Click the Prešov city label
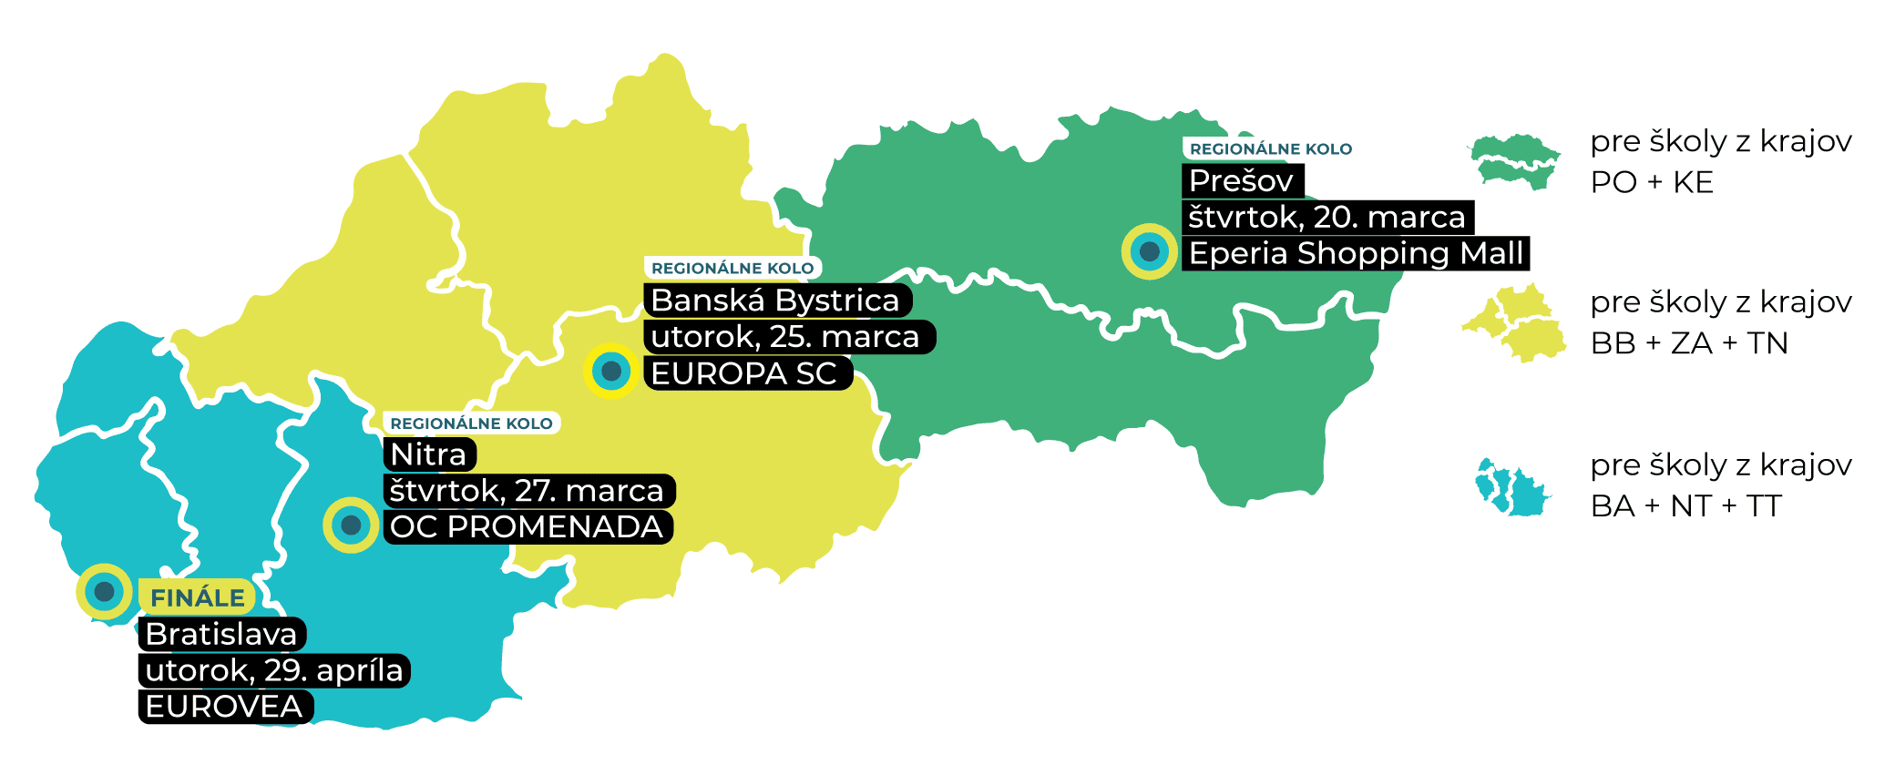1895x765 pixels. pyautogui.click(x=1242, y=181)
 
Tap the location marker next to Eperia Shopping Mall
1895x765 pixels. pyautogui.click(x=1149, y=250)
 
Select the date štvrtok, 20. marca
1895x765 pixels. pyautogui.click(x=1326, y=218)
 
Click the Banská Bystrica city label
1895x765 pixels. pyautogui.click(x=775, y=301)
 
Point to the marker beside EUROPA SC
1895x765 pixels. pyautogui.click(x=611, y=371)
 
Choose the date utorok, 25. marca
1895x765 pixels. pyautogui.click(x=786, y=337)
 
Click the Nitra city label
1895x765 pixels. pyautogui.click(x=428, y=454)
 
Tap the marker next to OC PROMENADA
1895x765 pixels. pyautogui.click(x=351, y=525)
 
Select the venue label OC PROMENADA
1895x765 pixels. pyautogui.click(x=527, y=527)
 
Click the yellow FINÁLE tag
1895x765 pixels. pyautogui.click(x=197, y=598)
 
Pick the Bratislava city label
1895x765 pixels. pyautogui.click(x=221, y=634)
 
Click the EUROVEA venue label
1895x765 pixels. pyautogui.click(x=224, y=707)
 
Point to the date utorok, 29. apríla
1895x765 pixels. pyautogui.click(x=273, y=671)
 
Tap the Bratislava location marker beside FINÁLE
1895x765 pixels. pyautogui.click(x=104, y=592)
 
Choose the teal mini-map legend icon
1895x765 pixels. pyautogui.click(x=1511, y=487)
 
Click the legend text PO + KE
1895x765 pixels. pyautogui.click(x=1652, y=183)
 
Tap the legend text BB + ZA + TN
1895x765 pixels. pyautogui.click(x=1689, y=343)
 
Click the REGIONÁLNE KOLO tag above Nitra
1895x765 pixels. pyautogui.click(x=471, y=423)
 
